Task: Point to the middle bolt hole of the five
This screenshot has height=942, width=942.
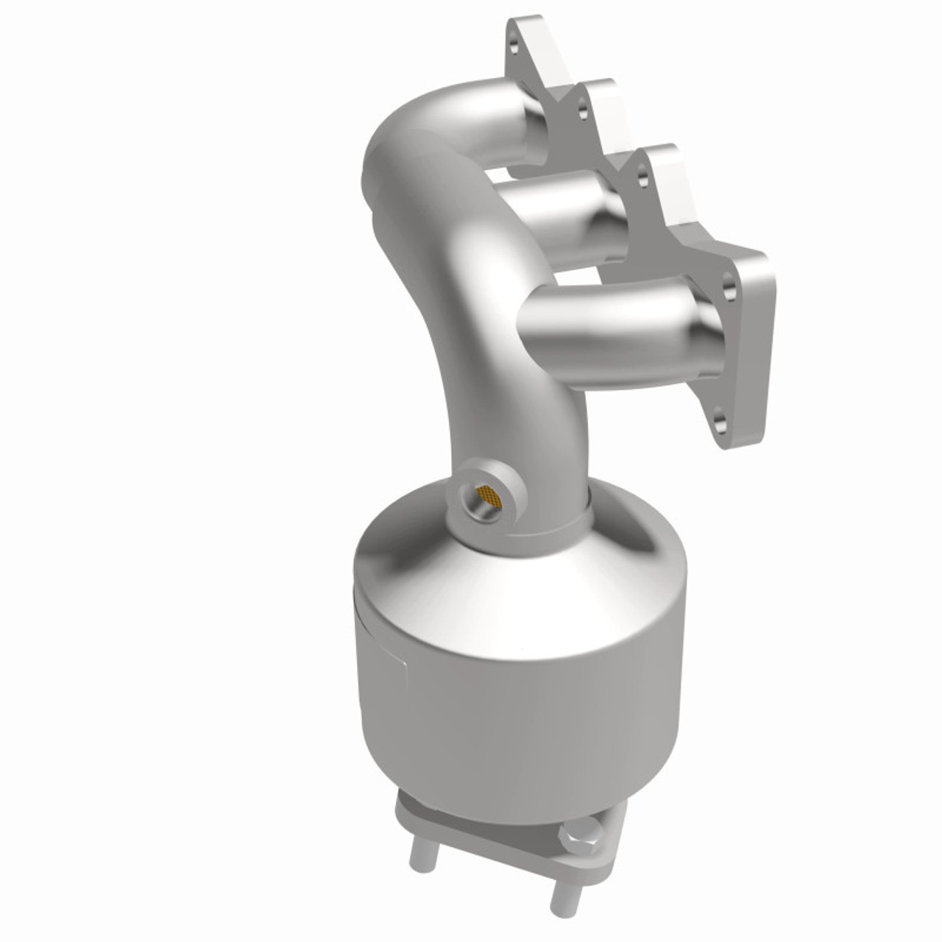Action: (643, 177)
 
